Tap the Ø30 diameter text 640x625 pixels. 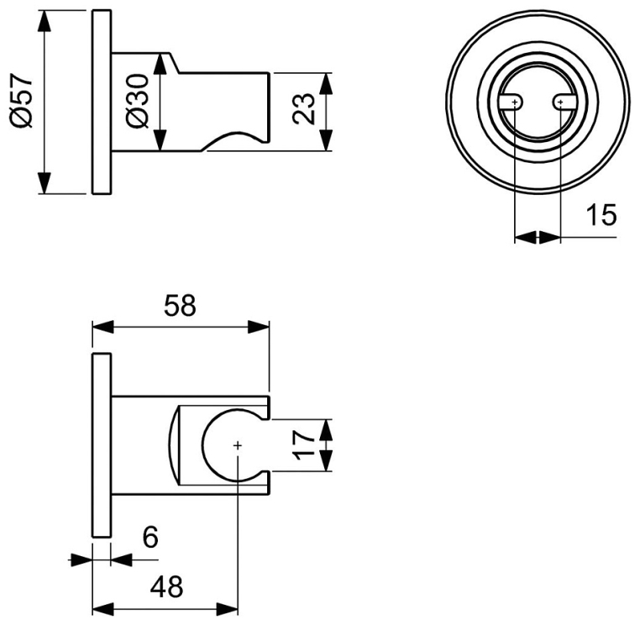(x=137, y=102)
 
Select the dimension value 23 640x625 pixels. (x=304, y=108)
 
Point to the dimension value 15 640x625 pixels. (x=601, y=215)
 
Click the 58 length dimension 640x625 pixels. (x=180, y=305)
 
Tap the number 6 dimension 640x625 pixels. (x=150, y=538)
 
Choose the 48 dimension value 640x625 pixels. (x=166, y=586)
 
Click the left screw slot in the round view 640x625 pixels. (x=511, y=102)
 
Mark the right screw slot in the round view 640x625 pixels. (x=564, y=102)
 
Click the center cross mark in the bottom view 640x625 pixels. (x=238, y=445)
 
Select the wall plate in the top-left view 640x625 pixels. (x=102, y=102)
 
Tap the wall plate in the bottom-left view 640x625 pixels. (x=102, y=446)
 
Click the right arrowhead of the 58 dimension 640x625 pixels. (x=259, y=327)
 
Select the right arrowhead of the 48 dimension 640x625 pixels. (x=227, y=609)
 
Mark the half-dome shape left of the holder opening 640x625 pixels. (x=174, y=445)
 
